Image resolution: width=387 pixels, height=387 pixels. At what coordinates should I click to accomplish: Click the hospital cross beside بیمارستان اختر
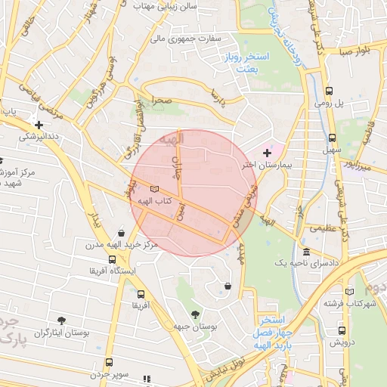[x=266, y=153]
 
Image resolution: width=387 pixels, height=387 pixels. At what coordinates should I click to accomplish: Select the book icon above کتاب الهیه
[x=154, y=188]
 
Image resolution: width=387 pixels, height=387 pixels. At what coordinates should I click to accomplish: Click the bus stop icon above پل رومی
[x=327, y=91]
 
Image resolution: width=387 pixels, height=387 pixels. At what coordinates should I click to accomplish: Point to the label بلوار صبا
[x=354, y=52]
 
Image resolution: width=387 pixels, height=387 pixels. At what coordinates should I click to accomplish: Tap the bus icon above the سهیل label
[x=332, y=138]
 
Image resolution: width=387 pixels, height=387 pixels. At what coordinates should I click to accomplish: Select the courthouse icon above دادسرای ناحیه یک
[x=306, y=251]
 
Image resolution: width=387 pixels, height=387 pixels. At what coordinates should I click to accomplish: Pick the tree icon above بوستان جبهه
[x=196, y=314]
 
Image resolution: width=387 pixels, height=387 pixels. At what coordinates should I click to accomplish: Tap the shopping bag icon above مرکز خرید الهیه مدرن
[x=122, y=234]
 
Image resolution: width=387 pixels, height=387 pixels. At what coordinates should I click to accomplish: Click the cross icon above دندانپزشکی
[x=39, y=125]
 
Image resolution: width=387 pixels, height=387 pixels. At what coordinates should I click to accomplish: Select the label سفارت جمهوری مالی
[x=187, y=37]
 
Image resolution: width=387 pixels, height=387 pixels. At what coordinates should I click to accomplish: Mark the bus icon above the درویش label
[x=342, y=330]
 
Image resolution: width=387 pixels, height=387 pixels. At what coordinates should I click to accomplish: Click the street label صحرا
[x=160, y=100]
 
